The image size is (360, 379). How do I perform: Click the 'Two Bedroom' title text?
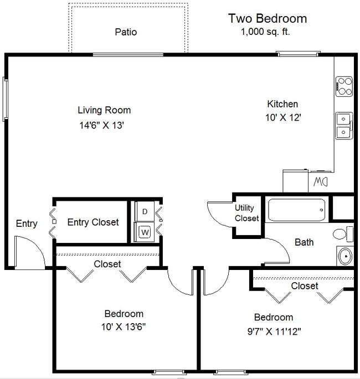click(x=267, y=18)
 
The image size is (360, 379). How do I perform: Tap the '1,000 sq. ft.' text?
click(x=265, y=32)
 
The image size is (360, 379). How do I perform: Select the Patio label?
click(x=126, y=32)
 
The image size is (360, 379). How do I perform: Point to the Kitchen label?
click(x=282, y=104)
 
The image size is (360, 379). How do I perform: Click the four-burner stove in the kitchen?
click(x=344, y=87)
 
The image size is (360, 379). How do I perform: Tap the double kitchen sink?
click(x=344, y=124)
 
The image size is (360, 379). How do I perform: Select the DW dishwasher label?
click(x=321, y=181)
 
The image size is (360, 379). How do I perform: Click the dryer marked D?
click(x=144, y=211)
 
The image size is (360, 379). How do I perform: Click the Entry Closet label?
click(x=93, y=222)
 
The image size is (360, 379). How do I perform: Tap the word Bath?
click(x=304, y=242)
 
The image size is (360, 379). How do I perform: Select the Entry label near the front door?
click(x=26, y=224)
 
